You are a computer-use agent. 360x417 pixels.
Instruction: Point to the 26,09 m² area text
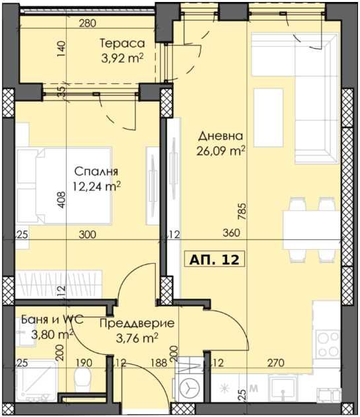pos(222,150)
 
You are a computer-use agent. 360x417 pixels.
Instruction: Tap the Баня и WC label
pos(46,320)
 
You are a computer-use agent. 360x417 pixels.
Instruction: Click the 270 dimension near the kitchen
pos(276,362)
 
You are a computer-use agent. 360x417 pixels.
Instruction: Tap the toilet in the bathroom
pos(83,382)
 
